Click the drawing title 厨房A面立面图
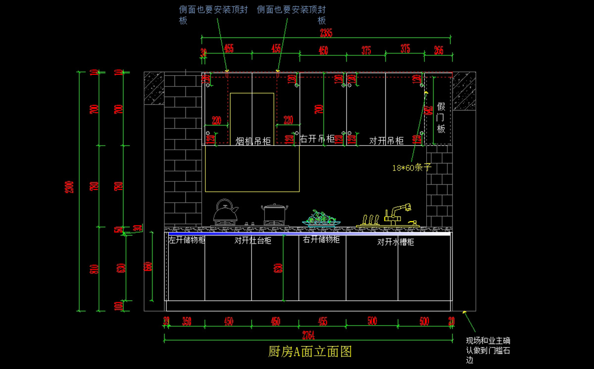pyautogui.click(x=310, y=352)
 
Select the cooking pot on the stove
pyautogui.click(x=274, y=213)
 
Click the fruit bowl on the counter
pyautogui.click(x=321, y=219)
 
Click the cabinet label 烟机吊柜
pyautogui.click(x=253, y=141)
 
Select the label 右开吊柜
pyautogui.click(x=317, y=139)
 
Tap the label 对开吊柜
pyautogui.click(x=386, y=141)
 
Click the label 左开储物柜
pyautogui.click(x=187, y=240)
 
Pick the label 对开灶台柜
pyautogui.click(x=253, y=241)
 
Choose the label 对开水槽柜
pyautogui.click(x=396, y=242)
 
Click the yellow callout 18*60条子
pyautogui.click(x=412, y=168)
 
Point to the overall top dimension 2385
pyautogui.click(x=326, y=33)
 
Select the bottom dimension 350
pyautogui.click(x=186, y=322)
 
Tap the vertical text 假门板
pyautogui.click(x=441, y=118)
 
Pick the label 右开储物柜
pyautogui.click(x=321, y=240)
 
